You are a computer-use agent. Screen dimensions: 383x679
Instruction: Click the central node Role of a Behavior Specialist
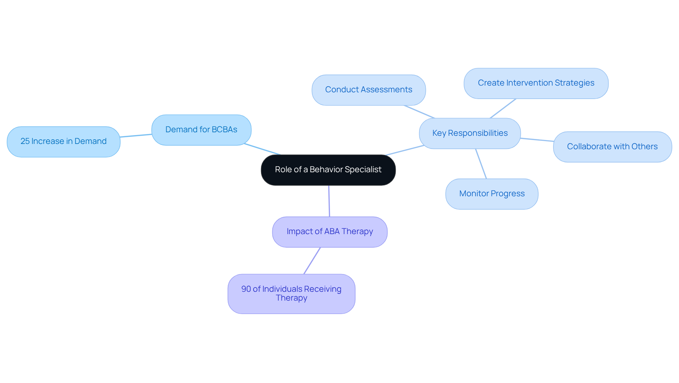(x=328, y=170)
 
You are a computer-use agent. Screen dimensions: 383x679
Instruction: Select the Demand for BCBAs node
(x=201, y=130)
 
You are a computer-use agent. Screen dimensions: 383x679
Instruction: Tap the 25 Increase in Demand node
(x=63, y=141)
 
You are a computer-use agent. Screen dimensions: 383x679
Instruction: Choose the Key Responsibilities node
(x=470, y=133)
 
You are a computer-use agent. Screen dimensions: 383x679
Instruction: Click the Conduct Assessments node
(x=368, y=90)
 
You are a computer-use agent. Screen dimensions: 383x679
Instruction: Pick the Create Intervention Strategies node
(x=536, y=83)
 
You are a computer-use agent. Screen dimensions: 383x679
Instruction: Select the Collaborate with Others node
(x=612, y=147)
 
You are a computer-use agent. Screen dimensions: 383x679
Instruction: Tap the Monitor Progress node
(x=492, y=194)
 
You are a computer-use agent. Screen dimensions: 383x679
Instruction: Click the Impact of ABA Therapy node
(x=330, y=232)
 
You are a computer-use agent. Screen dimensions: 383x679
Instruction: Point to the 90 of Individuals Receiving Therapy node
(x=291, y=294)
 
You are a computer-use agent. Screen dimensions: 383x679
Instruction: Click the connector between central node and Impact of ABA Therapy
(x=329, y=201)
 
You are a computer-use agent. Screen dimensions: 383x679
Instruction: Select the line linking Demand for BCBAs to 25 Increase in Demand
(x=136, y=135)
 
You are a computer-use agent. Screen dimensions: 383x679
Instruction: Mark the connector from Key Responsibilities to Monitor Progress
(x=481, y=164)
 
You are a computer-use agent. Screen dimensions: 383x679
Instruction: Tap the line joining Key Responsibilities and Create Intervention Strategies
(x=503, y=109)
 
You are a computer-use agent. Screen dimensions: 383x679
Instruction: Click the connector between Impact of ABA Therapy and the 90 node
(x=312, y=261)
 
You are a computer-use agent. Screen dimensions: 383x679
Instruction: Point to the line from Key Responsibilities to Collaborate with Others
(x=537, y=140)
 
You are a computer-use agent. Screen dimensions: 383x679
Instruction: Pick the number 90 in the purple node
(x=246, y=289)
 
